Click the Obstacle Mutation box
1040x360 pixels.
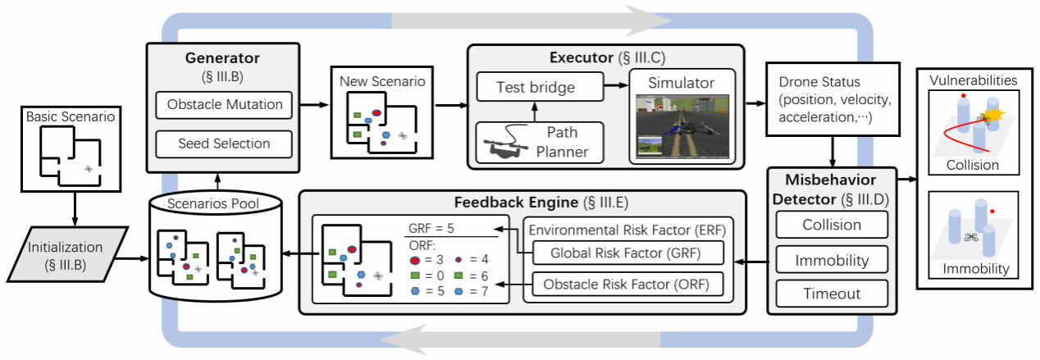pyautogui.click(x=225, y=104)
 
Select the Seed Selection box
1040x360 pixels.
pyautogui.click(x=225, y=144)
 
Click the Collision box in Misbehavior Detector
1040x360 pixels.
pyautogui.click(x=832, y=225)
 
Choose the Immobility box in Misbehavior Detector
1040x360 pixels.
pyautogui.click(x=832, y=261)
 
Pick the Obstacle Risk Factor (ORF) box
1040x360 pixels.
pyautogui.click(x=627, y=285)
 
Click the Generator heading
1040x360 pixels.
pyautogui.click(x=223, y=58)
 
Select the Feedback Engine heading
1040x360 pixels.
pyautogui.click(x=522, y=202)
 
